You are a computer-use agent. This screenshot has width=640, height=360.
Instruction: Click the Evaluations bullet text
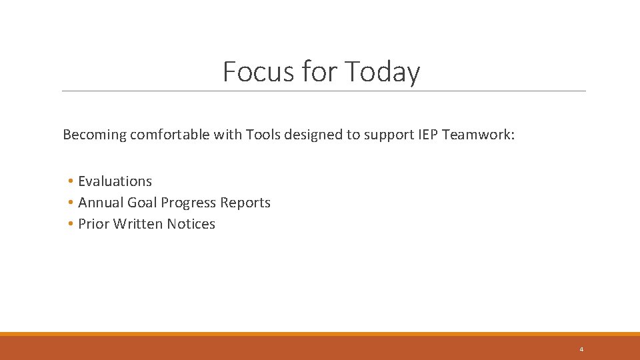tap(115, 181)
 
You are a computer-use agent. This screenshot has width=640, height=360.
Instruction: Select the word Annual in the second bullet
tap(99, 203)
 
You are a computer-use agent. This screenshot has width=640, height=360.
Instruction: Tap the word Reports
tap(245, 203)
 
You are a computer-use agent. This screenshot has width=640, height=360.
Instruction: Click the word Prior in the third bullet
tap(93, 224)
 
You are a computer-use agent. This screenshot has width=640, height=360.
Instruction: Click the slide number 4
tap(581, 349)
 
